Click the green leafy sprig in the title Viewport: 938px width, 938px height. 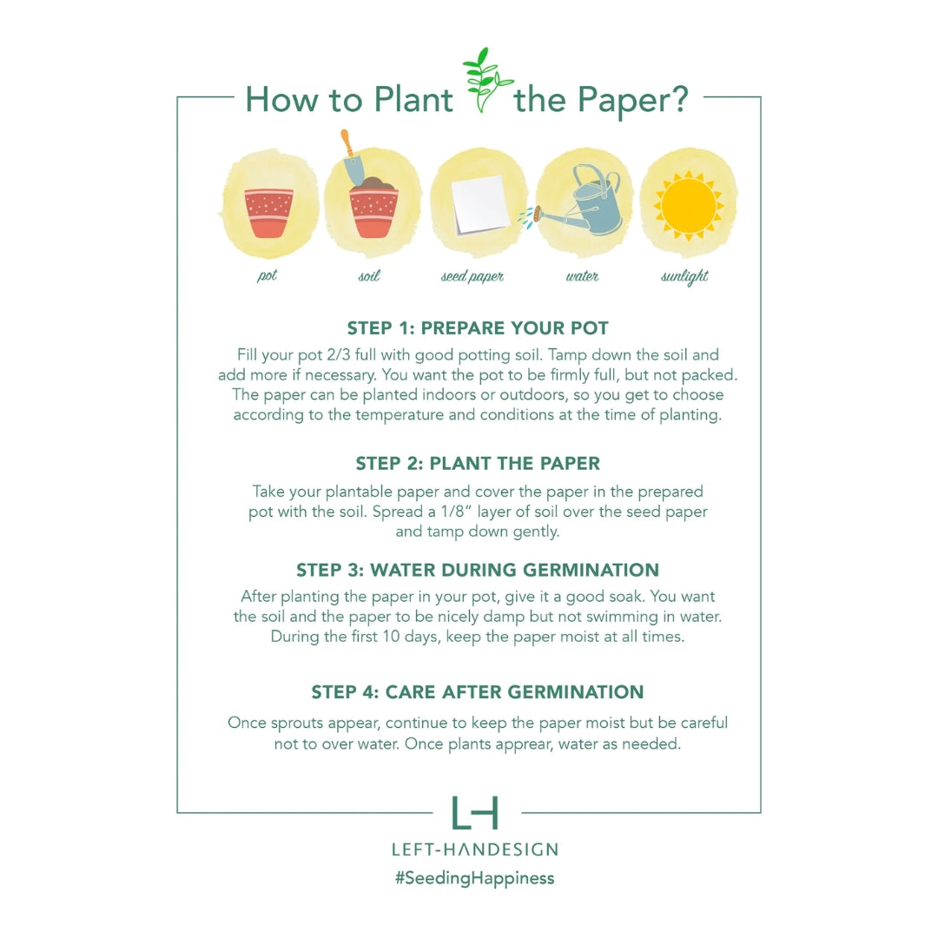click(x=485, y=80)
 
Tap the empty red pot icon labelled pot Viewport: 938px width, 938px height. click(x=269, y=213)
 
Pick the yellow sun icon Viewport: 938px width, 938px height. click(x=689, y=205)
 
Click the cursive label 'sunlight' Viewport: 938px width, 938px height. click(x=684, y=276)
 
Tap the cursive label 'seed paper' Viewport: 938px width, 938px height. click(x=472, y=276)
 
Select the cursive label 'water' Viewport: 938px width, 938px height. click(x=582, y=276)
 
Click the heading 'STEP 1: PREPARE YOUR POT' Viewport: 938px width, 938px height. click(x=478, y=327)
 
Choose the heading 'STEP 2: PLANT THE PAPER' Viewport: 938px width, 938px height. click(x=478, y=463)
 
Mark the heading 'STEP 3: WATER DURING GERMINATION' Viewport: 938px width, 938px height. click(x=478, y=570)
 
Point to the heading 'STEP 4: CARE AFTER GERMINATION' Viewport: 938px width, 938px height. click(x=478, y=691)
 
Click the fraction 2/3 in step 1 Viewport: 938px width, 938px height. click(x=338, y=354)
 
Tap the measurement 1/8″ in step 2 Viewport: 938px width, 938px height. click(x=452, y=512)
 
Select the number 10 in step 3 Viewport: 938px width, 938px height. click(x=391, y=637)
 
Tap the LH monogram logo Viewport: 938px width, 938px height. click(x=475, y=812)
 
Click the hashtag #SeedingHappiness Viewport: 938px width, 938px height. click(x=475, y=878)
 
